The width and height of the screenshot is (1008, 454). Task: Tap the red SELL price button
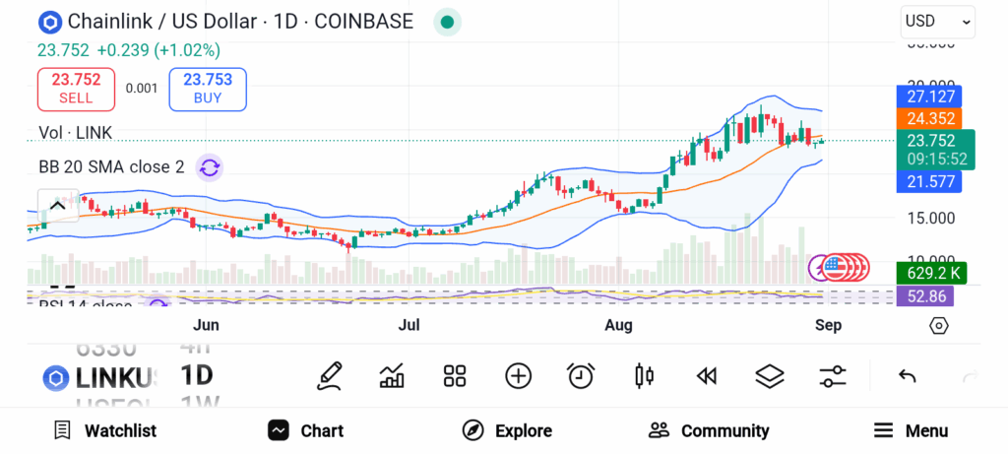point(76,89)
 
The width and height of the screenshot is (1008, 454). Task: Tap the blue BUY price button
point(207,89)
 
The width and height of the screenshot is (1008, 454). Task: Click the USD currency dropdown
point(937,21)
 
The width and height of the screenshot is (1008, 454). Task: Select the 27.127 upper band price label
point(929,97)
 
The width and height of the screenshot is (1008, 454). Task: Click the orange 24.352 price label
point(929,118)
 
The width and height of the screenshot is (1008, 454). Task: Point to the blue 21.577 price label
point(929,181)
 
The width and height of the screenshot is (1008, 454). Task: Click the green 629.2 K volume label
point(929,272)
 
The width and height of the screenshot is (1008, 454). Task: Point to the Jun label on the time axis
point(206,325)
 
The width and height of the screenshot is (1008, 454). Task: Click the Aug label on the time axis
point(618,325)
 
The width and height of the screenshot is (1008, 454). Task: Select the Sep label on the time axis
point(829,325)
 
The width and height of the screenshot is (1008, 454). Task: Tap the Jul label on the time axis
point(409,325)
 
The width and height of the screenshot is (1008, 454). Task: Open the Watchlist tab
point(105,430)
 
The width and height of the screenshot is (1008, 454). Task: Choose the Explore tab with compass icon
point(507,430)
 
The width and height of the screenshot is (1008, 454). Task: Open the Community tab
point(709,430)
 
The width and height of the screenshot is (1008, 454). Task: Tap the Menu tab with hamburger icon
point(911,430)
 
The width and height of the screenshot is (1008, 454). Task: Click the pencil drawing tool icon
point(330,375)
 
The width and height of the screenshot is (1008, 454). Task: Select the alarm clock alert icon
point(581,375)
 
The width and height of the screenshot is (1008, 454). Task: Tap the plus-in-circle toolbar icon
point(518,375)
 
